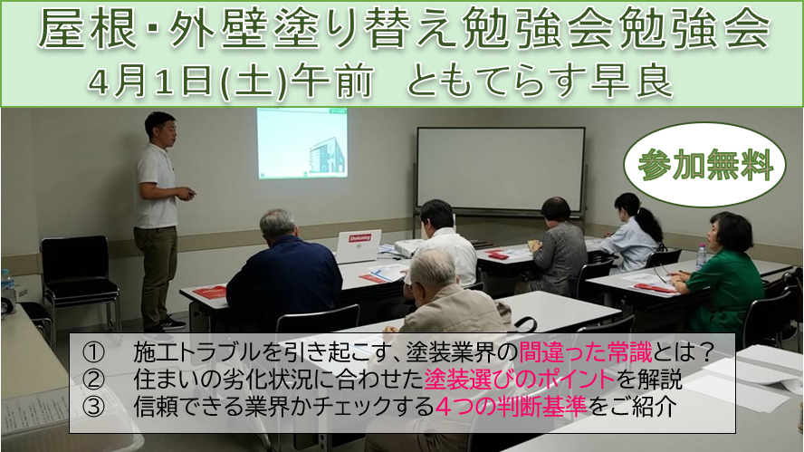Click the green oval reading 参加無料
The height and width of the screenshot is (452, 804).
click(704, 165)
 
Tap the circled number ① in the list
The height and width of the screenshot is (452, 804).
click(93, 352)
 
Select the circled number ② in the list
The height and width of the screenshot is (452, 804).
click(93, 380)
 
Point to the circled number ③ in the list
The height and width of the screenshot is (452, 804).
click(93, 407)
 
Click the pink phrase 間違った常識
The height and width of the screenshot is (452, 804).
click(585, 352)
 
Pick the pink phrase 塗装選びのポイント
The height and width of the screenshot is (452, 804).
click(520, 380)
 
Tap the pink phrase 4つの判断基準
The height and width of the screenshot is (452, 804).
click(511, 407)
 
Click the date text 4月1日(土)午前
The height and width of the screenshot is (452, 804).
click(230, 82)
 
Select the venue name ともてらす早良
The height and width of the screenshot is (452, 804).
click(540, 82)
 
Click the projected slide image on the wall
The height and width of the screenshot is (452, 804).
click(302, 143)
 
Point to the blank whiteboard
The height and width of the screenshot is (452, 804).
click(501, 169)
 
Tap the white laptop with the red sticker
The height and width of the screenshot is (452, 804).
click(359, 245)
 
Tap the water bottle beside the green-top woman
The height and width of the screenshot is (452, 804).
click(702, 256)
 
